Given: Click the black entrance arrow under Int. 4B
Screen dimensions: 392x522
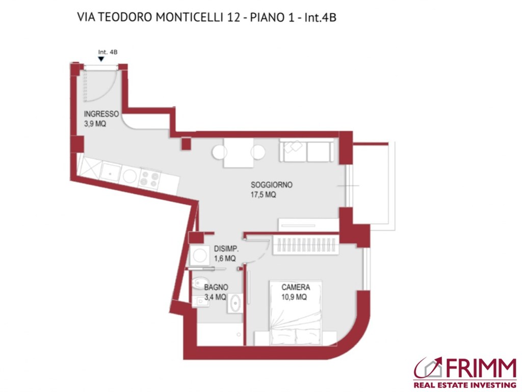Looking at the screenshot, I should click(101, 59).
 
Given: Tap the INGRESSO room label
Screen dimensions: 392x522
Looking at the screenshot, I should click(101, 114).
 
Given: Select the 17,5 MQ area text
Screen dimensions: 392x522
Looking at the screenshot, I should click(263, 195).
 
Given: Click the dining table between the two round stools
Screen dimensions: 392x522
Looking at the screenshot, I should click(238, 153).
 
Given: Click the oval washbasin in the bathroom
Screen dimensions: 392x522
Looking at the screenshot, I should click(235, 303).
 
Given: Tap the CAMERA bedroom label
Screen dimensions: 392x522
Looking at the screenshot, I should click(296, 287).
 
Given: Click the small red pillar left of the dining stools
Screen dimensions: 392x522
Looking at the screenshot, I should click(186, 143).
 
